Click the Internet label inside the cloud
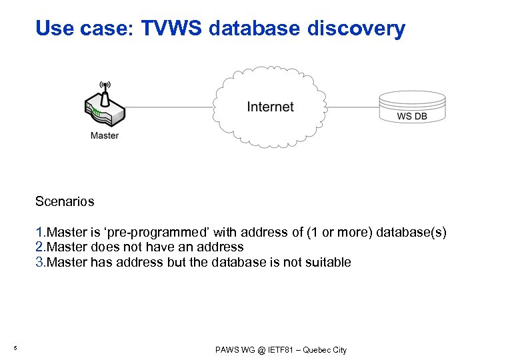[x=270, y=107]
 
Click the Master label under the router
[x=105, y=135]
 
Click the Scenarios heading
[x=65, y=201]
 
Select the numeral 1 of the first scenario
[x=40, y=233]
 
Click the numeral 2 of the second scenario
[x=40, y=247]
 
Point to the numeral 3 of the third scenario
[x=40, y=262]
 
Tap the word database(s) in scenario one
[x=411, y=233]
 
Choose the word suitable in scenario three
[x=329, y=262]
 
